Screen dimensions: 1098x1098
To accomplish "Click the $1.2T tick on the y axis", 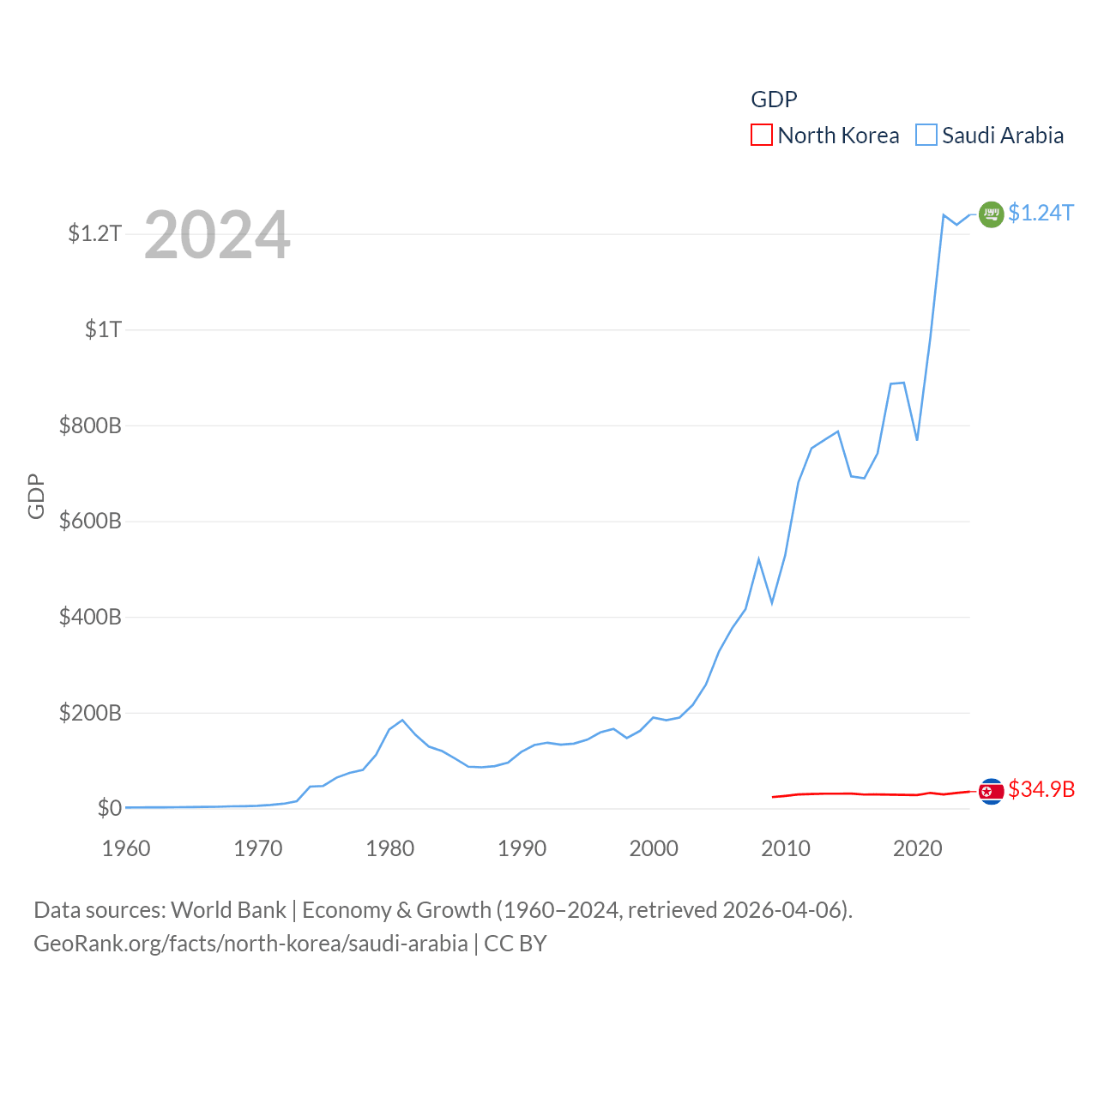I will pyautogui.click(x=94, y=233).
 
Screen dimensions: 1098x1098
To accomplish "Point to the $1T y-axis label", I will pyautogui.click(x=103, y=329).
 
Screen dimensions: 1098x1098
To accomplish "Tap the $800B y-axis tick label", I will pyautogui.click(x=90, y=425).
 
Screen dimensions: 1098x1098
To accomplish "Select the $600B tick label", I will pyautogui.click(x=90, y=521).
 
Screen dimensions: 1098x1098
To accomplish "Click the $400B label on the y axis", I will pyautogui.click(x=90, y=617).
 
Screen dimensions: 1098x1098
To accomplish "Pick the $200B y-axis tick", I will pyautogui.click(x=90, y=713).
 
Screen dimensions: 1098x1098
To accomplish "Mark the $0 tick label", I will pyautogui.click(x=109, y=808).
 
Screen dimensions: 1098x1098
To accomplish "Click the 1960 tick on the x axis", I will pyautogui.click(x=126, y=848).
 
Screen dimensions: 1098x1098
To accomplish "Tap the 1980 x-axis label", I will pyautogui.click(x=389, y=848).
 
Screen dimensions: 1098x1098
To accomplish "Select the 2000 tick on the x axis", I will pyautogui.click(x=654, y=848).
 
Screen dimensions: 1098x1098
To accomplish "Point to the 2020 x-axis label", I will pyautogui.click(x=917, y=848).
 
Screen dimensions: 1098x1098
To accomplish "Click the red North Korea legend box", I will pyautogui.click(x=762, y=135).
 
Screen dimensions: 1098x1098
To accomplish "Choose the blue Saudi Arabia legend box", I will pyautogui.click(x=926, y=135).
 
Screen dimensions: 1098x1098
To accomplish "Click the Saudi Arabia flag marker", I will pyautogui.click(x=991, y=214).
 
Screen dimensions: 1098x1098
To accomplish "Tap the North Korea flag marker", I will pyautogui.click(x=991, y=791).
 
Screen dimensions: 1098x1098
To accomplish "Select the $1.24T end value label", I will pyautogui.click(x=1041, y=213).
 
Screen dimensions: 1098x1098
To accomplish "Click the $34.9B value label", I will pyautogui.click(x=1041, y=789).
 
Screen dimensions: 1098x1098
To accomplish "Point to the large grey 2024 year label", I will pyautogui.click(x=217, y=235).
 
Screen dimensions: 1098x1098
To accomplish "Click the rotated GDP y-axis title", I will pyautogui.click(x=36, y=496).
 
